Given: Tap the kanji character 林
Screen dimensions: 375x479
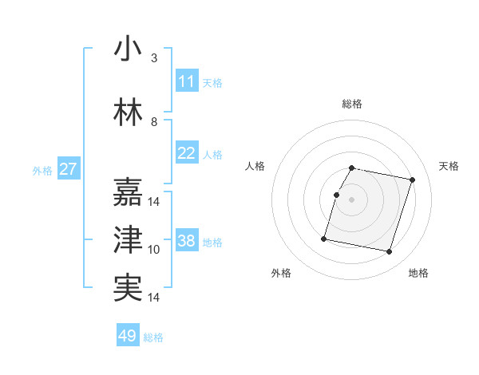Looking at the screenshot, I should pos(128,112).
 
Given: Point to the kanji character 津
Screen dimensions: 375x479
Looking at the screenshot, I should pos(128,239).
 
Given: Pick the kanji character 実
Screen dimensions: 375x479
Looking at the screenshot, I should pos(128,287).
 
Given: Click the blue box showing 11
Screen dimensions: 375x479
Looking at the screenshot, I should pos(187,81).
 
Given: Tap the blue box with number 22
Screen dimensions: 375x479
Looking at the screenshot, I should pos(187,153).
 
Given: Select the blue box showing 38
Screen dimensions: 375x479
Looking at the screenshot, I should pos(187,241).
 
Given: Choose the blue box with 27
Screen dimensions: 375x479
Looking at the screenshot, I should pos(69,169).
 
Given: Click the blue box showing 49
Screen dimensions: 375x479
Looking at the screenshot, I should pos(128,336).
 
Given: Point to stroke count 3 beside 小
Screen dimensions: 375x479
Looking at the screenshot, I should pos(154,58).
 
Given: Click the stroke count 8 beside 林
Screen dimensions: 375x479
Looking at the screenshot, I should pos(154,122).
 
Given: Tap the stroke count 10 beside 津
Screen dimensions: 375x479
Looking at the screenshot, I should pos(154,250).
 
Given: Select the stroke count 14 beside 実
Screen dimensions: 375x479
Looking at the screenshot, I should pos(154,298).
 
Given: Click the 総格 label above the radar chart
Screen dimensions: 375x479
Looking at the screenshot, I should pos(352,104).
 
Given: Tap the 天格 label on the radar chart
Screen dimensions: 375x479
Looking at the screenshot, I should pos(449,166).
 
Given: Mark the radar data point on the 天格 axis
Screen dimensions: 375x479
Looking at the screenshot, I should pos(412,180).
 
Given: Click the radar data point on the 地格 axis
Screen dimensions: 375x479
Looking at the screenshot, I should pos(389,252).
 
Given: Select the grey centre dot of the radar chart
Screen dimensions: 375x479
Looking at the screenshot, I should pos(352,200).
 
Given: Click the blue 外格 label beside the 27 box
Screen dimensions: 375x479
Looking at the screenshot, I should pos(42,170).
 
